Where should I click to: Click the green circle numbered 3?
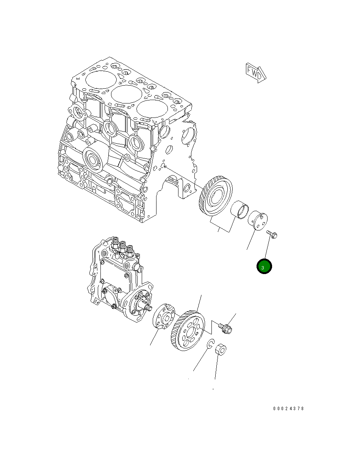[264, 266]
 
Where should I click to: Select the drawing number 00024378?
[288, 409]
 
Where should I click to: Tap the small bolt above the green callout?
[272, 234]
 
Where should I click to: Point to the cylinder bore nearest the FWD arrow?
[152, 108]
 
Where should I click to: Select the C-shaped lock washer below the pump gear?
[211, 344]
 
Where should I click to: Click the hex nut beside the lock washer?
[221, 349]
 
